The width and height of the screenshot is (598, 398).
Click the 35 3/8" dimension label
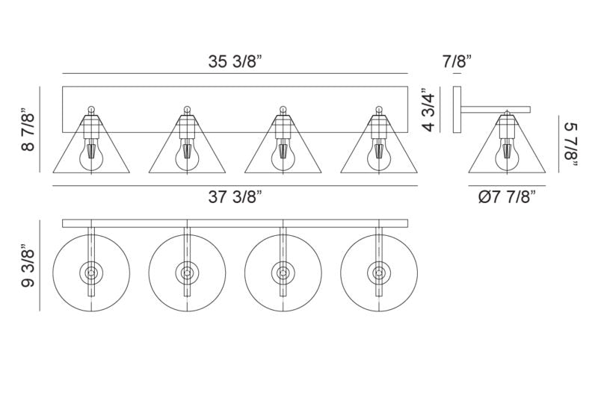pyautogui.click(x=235, y=61)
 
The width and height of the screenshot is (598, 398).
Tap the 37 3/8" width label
pyautogui.click(x=235, y=197)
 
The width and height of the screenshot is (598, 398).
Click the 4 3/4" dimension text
pyautogui.click(x=429, y=110)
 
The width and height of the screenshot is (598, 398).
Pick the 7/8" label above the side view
pyautogui.click(x=457, y=61)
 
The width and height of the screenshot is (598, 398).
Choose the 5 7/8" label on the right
pyautogui.click(x=570, y=145)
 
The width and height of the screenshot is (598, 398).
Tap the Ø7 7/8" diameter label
pyautogui.click(x=507, y=197)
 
